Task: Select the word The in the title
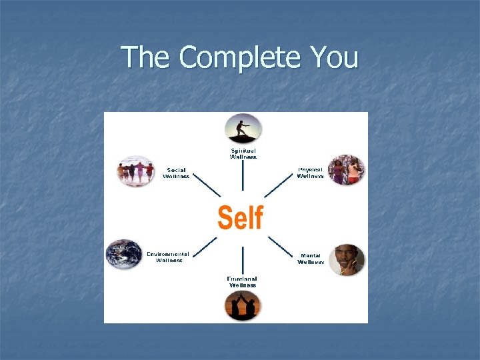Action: (x=147, y=58)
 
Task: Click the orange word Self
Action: (x=241, y=218)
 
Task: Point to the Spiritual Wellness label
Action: (x=243, y=153)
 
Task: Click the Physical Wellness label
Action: (x=311, y=173)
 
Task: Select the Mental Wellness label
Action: (x=311, y=259)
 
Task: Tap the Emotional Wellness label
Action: (x=243, y=282)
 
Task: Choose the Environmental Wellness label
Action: (x=168, y=257)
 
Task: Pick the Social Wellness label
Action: (x=177, y=173)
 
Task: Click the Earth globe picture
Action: (x=124, y=254)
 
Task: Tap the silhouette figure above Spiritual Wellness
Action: (x=243, y=128)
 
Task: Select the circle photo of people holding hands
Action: (x=135, y=171)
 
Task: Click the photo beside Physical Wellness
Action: (x=346, y=170)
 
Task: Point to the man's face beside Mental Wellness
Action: (x=346, y=259)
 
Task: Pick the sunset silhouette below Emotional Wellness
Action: (x=243, y=307)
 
